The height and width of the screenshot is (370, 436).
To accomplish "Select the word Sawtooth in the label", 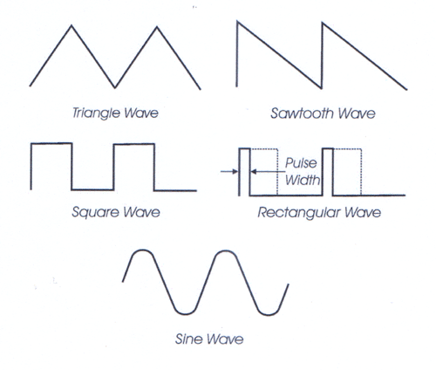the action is pyautogui.click(x=302, y=113).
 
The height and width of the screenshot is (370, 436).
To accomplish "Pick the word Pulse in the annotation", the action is pyautogui.click(x=301, y=163).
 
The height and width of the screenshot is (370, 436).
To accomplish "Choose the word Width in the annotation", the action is pyautogui.click(x=303, y=180).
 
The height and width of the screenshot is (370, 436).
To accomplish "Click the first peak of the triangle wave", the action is pyautogui.click(x=72, y=26).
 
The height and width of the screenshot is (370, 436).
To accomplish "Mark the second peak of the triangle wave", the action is pyautogui.click(x=157, y=27).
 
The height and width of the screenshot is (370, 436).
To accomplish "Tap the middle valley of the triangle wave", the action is pyautogui.click(x=115, y=87).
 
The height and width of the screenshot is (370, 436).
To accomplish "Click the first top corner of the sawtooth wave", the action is pyautogui.click(x=237, y=22).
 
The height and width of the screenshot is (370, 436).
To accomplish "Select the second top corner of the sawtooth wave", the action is pyautogui.click(x=323, y=23).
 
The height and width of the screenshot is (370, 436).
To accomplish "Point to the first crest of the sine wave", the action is pyautogui.click(x=142, y=250).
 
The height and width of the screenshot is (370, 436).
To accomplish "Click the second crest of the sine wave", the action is pyautogui.click(x=225, y=250).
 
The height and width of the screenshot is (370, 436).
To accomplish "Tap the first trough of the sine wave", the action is pyautogui.click(x=185, y=314).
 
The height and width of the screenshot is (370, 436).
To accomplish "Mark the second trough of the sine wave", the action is pyautogui.click(x=268, y=315).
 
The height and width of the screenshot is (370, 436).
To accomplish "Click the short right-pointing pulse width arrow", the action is pyautogui.click(x=229, y=172).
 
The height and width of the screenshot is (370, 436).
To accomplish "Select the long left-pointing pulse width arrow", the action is pyautogui.click(x=268, y=172).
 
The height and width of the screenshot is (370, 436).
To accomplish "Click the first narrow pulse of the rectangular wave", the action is pyautogui.click(x=244, y=148).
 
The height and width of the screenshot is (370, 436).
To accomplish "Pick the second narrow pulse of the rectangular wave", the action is pyautogui.click(x=328, y=148).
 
